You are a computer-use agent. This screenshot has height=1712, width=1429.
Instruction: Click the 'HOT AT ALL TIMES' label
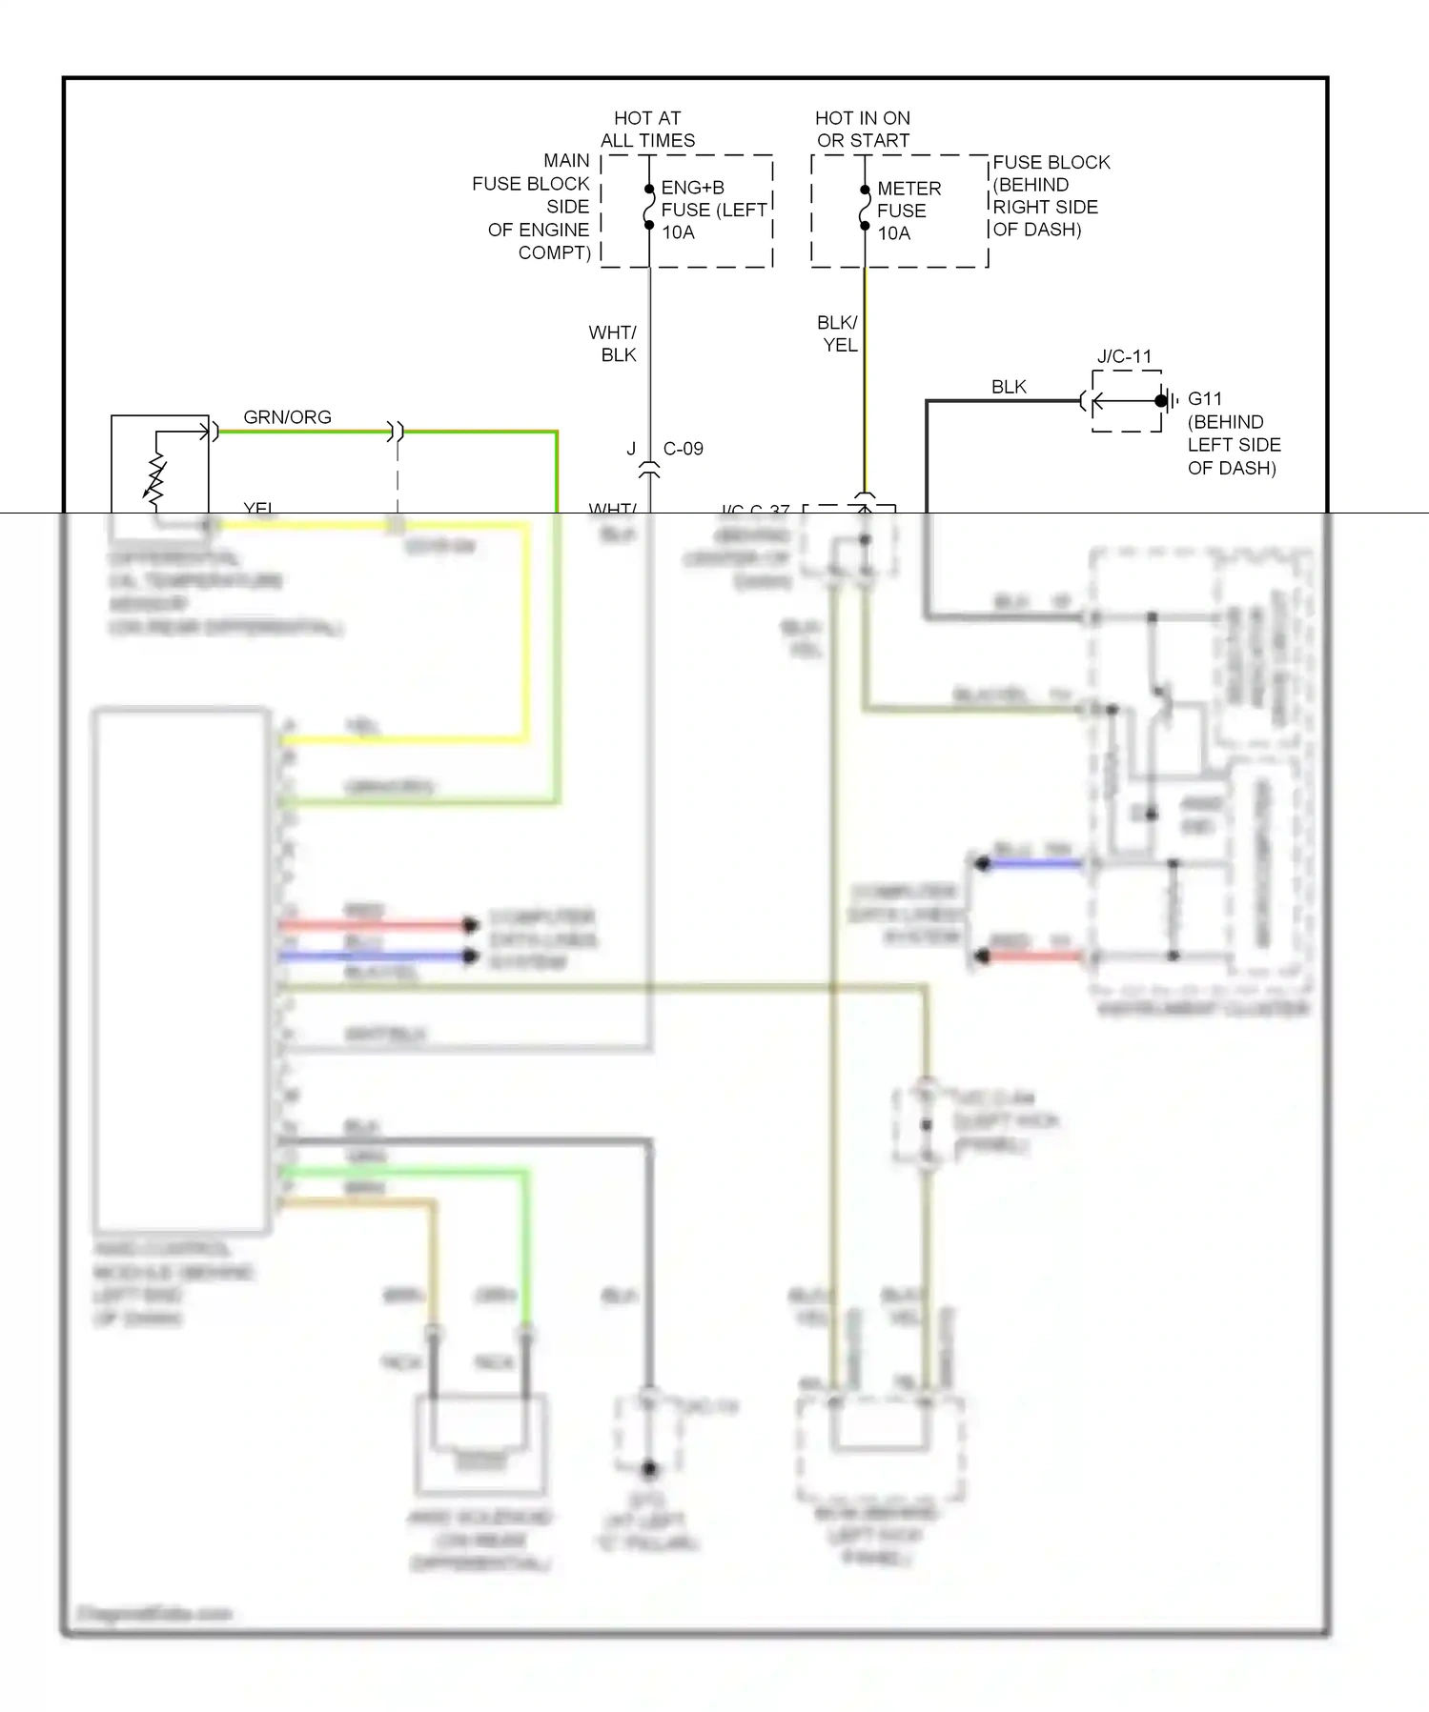647,130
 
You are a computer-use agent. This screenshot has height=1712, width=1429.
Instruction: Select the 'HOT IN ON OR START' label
863,130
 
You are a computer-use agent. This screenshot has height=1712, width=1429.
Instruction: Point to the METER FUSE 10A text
908,211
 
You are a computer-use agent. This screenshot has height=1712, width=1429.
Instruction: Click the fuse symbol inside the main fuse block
649,207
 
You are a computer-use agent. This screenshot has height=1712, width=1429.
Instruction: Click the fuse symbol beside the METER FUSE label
865,208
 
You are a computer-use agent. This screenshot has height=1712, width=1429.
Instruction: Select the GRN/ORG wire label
287,417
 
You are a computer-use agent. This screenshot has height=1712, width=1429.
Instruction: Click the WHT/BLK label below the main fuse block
613,344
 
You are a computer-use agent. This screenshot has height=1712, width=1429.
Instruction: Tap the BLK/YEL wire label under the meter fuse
838,333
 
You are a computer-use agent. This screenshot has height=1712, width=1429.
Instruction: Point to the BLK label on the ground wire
1009,387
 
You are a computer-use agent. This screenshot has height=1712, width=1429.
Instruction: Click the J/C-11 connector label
1124,357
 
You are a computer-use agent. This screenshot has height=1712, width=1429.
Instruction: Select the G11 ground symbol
1166,401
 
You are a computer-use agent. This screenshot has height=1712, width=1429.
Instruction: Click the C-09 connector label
683,449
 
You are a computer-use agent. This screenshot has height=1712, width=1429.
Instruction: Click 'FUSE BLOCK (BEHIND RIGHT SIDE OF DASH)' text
1050,196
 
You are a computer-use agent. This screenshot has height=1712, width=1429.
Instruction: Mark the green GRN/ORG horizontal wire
477,433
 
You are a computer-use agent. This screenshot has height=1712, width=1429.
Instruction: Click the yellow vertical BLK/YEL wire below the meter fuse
865,381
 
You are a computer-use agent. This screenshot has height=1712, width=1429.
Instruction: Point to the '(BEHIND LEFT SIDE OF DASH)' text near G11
1234,445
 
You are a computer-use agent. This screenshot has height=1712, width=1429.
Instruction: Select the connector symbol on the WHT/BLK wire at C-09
649,470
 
